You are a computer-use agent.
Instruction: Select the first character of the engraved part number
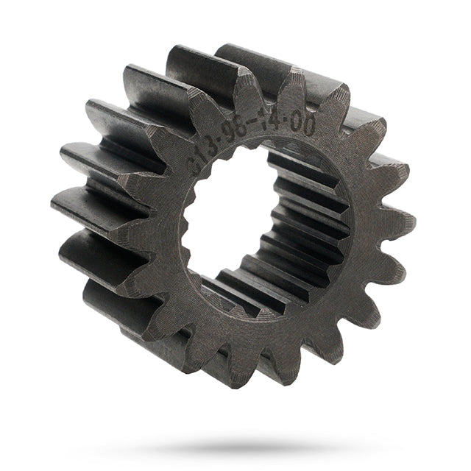[x=196, y=163]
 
